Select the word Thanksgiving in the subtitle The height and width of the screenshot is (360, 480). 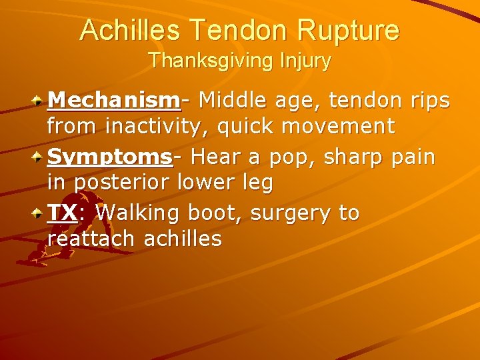click(x=205, y=61)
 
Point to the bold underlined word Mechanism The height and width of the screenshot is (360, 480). click(x=114, y=101)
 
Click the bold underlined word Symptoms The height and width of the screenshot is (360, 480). click(x=111, y=157)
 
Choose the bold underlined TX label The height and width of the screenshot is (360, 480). click(x=63, y=213)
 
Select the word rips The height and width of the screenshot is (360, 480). click(x=428, y=101)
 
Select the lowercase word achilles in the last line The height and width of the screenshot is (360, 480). click(x=183, y=239)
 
